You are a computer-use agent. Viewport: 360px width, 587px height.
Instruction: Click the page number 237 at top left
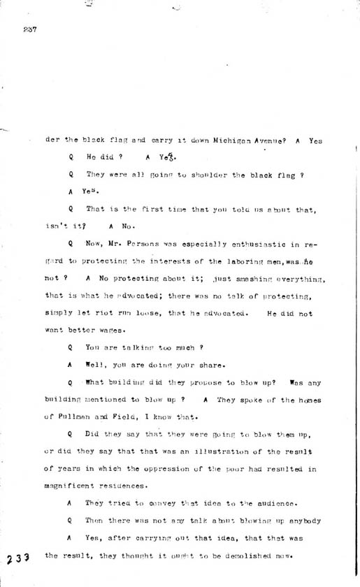pyautogui.click(x=29, y=29)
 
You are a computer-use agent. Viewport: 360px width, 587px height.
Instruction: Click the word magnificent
pyautogui.click(x=71, y=486)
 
